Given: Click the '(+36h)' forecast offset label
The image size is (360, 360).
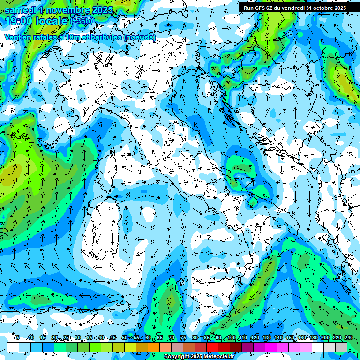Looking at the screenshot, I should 82,21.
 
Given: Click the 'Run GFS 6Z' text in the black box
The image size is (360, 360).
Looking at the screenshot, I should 260,7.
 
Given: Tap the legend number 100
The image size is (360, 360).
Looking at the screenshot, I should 232,337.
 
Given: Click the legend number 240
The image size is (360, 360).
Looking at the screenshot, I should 349,337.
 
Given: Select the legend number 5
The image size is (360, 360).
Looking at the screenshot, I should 18,337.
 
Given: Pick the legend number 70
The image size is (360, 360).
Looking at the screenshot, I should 172,337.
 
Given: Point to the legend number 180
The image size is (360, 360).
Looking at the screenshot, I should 313,337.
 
